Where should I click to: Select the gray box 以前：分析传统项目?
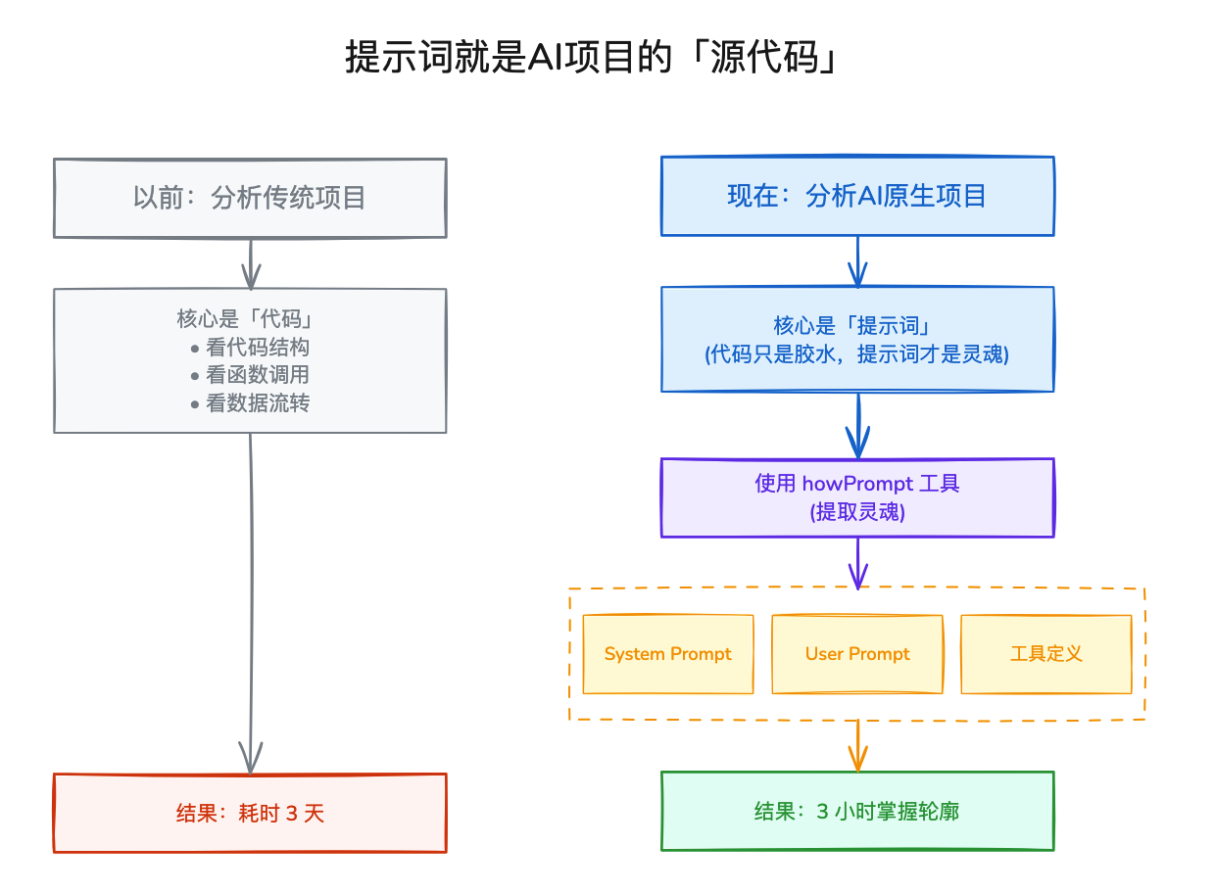(250, 198)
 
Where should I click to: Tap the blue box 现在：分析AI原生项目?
(857, 196)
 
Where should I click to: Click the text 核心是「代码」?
(250, 319)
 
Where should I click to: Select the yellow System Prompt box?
(668, 654)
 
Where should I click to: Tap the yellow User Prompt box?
(857, 654)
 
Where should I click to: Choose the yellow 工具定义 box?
(1045, 654)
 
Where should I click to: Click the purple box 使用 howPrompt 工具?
(857, 484)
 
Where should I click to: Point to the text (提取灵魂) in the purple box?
(857, 511)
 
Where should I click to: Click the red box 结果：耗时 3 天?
(250, 814)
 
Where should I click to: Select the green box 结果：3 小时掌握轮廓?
(857, 811)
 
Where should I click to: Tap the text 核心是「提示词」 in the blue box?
(857, 326)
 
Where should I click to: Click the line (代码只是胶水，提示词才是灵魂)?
(857, 354)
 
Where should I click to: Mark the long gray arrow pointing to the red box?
(251, 597)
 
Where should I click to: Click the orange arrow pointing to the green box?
(858, 746)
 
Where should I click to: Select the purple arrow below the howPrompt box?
(858, 563)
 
